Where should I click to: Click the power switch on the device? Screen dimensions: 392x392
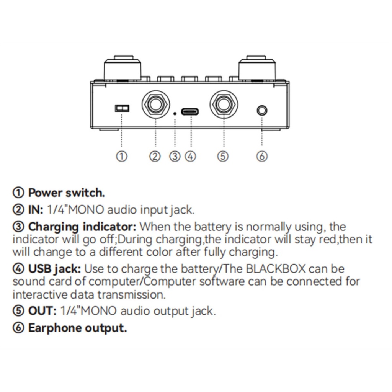[x=122, y=108]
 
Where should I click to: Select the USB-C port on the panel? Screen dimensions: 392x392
[x=190, y=113]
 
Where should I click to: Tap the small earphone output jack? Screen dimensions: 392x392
[x=261, y=111]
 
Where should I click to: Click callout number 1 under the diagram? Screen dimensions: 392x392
[x=121, y=156]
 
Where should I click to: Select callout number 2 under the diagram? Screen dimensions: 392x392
[x=155, y=156]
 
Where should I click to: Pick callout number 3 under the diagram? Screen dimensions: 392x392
[x=175, y=156]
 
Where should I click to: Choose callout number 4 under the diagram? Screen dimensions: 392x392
[x=190, y=156]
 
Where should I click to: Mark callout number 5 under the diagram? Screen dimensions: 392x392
[x=223, y=156]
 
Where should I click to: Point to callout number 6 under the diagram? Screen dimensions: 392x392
[x=262, y=156]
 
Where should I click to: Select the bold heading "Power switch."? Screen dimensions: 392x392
[x=66, y=193]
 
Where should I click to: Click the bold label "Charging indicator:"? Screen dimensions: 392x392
[x=82, y=227]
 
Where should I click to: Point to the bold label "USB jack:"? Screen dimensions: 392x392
[x=54, y=269]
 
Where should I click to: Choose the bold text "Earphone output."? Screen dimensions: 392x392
[x=77, y=328]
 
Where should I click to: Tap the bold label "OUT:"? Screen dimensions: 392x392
[x=42, y=310]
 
